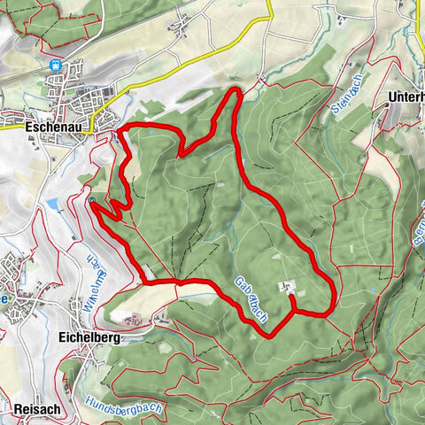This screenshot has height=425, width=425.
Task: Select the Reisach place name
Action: tap(36, 409)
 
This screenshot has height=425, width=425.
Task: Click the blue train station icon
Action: tap(58, 65)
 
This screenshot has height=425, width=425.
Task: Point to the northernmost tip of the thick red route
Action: tap(235, 90)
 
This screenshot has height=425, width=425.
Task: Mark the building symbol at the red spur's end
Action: tap(285, 286)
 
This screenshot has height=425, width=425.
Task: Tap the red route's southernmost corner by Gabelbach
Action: tap(267, 335)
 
